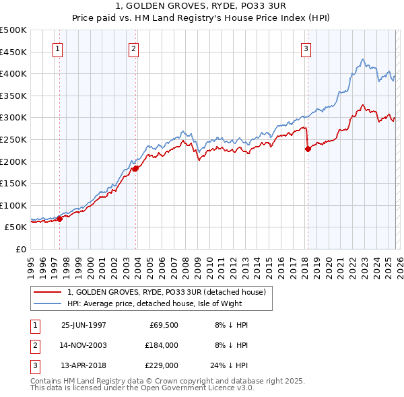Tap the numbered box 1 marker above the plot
coord(58,48)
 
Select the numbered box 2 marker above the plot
coord(134,48)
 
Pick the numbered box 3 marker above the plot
coord(306,48)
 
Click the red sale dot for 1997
coord(60,218)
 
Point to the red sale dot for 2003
coord(135,168)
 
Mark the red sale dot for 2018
coord(308,149)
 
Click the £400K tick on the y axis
coord(13,73)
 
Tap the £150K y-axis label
coord(13,183)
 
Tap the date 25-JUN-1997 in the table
coord(83,325)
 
